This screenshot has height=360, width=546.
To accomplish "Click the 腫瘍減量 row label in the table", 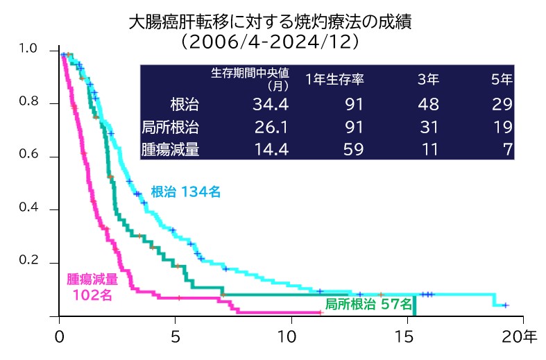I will coord(171,149).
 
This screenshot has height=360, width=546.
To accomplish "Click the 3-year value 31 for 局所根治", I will coord(429,127).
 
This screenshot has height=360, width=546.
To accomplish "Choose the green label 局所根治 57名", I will coord(369,304).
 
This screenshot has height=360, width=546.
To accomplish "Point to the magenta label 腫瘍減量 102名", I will coord(92,286).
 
